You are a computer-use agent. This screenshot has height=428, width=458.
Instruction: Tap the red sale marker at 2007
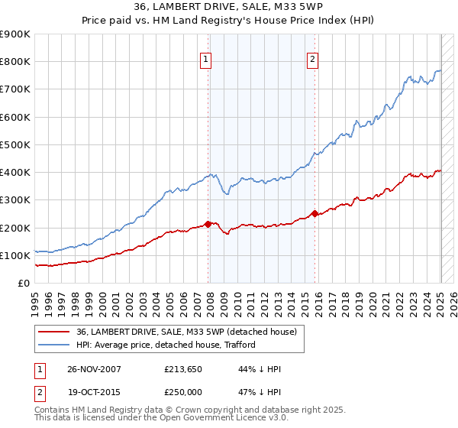(208, 224)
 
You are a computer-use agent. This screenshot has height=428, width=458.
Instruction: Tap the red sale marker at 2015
(314, 213)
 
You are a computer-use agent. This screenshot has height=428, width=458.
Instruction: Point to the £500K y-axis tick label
(15, 144)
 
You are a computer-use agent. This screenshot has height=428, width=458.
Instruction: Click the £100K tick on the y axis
(15, 255)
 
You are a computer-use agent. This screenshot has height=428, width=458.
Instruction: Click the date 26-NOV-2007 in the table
(93, 370)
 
